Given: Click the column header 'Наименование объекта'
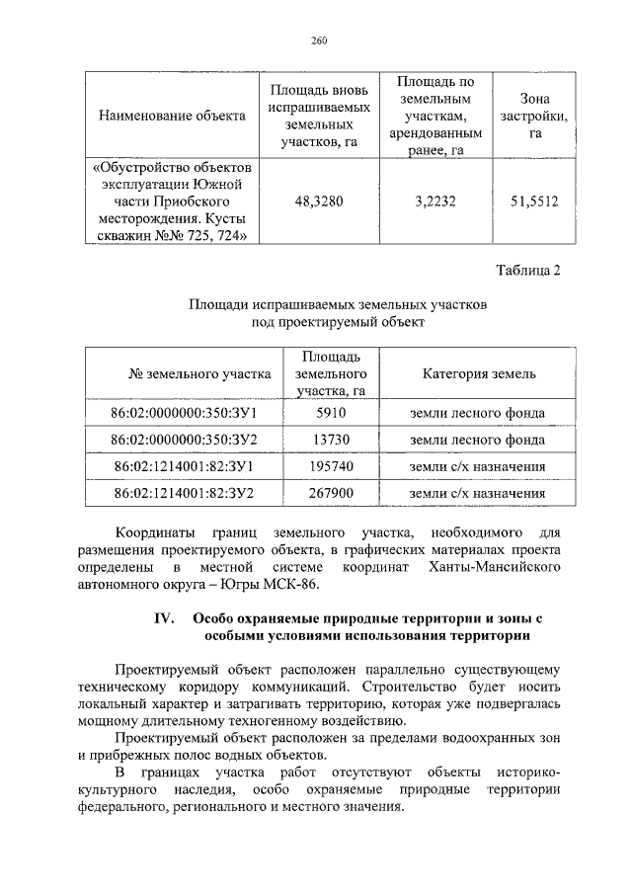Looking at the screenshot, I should tap(172, 117).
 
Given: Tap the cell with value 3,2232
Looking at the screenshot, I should tap(430, 201).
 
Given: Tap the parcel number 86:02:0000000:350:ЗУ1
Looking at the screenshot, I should tap(184, 413).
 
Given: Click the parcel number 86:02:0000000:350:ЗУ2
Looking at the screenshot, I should tap(184, 439).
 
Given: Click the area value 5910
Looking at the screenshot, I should tap(331, 413).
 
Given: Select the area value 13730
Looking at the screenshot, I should tap(331, 439).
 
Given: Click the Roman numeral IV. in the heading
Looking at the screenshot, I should tap(161, 617).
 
